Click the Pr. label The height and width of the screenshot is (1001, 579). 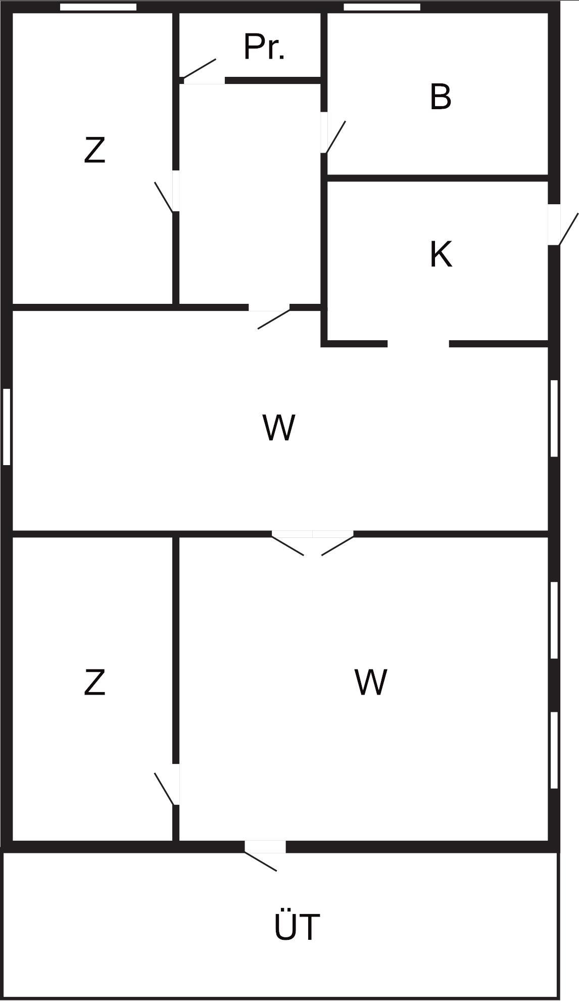coord(264,48)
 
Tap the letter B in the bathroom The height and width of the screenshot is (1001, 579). coord(440,97)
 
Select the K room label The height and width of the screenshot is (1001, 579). coord(441,254)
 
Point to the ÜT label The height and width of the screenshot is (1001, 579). coord(297,927)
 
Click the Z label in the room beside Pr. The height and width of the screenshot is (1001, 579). coord(94,150)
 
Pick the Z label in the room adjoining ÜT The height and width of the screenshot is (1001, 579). coord(94,682)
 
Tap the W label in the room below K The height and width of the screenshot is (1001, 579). coord(278,428)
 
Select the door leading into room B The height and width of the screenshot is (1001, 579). coord(333,135)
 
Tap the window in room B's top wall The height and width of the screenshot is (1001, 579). coord(382,7)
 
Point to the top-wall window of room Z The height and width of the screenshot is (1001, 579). coord(98,7)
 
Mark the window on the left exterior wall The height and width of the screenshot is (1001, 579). coord(7,426)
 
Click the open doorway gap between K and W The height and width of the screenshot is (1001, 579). coord(418,344)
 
